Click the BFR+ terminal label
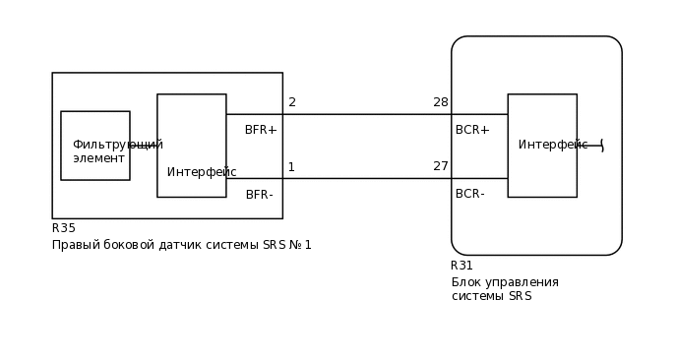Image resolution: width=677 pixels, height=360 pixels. coord(261,130)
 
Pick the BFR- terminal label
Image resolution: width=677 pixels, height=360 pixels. coord(260,195)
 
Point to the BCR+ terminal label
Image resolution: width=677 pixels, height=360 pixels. coord(472,130)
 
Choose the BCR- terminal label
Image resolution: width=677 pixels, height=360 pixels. coord(470,194)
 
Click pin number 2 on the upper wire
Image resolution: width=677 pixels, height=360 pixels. coord(292,102)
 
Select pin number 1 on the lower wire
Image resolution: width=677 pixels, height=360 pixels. coord(291,167)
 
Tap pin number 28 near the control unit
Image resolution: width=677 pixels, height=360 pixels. coord(441,102)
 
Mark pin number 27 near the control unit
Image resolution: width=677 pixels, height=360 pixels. coord(441,166)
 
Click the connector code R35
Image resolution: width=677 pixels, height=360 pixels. coord(64,228)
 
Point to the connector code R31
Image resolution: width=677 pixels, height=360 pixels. coord(462,266)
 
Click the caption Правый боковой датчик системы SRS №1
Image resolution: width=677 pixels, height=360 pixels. coord(182,245)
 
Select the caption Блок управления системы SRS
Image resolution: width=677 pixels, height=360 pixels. coord(505,289)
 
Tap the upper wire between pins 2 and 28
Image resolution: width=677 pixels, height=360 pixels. coord(364,114)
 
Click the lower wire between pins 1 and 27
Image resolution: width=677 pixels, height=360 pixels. coord(364,178)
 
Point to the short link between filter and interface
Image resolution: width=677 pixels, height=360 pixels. coord(144,146)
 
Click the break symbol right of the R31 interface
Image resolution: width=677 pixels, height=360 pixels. coord(600,146)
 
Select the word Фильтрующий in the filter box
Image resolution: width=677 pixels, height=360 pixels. coord(117,145)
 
